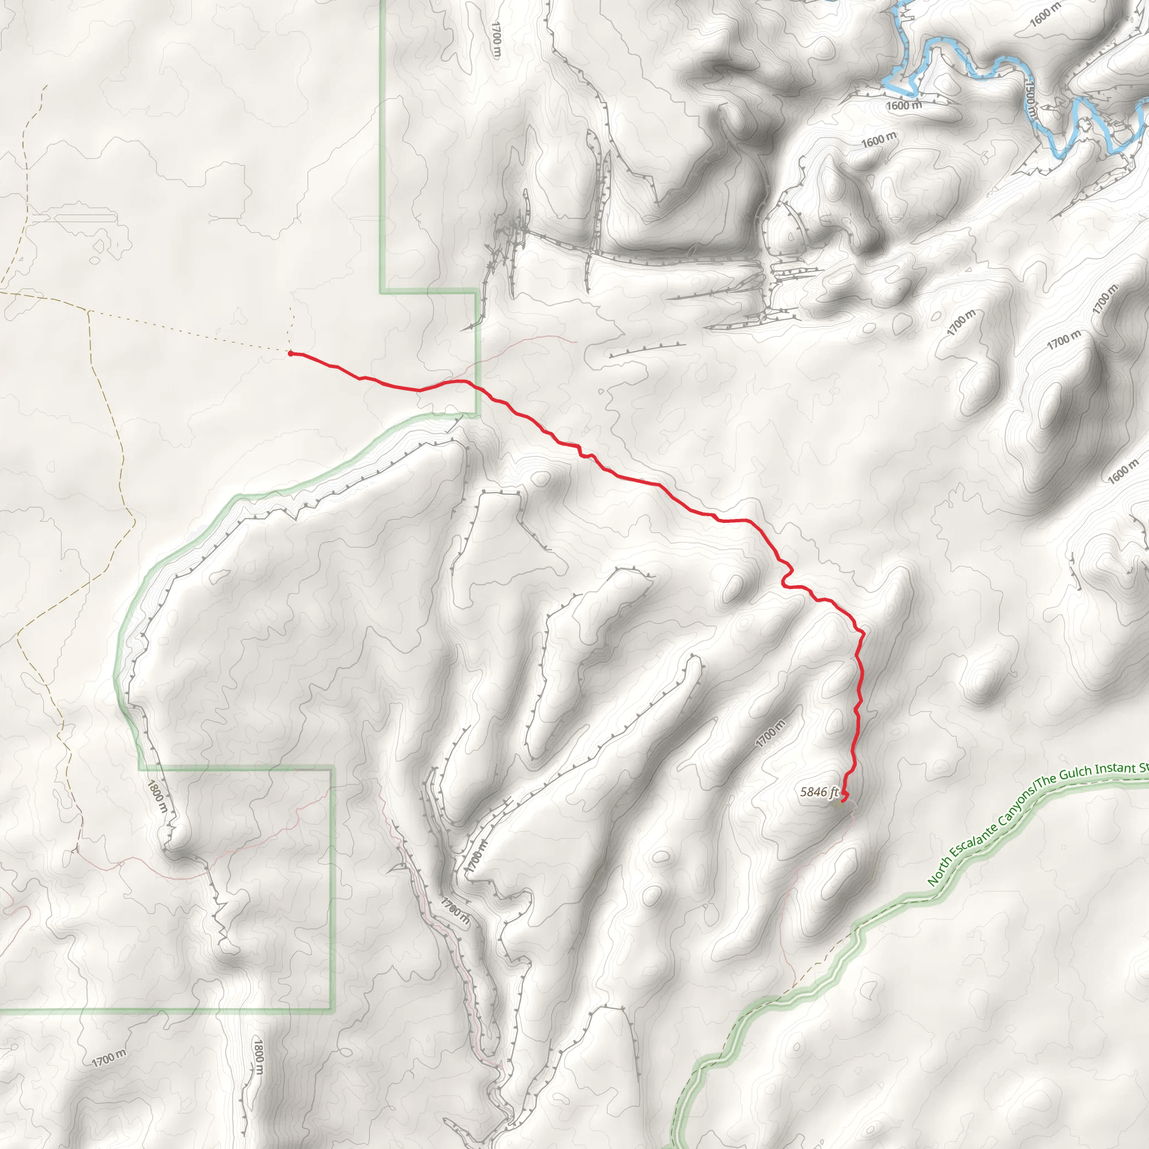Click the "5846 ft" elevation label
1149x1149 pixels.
pyautogui.click(x=819, y=792)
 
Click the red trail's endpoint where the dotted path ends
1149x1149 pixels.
pyautogui.click(x=290, y=353)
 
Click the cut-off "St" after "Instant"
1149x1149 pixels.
pyautogui.click(x=1143, y=767)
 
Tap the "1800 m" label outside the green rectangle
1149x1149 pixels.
pyautogui.click(x=258, y=1056)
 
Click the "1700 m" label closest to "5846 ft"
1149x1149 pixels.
pyautogui.click(x=771, y=733)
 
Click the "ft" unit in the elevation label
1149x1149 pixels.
pyautogui.click(x=834, y=792)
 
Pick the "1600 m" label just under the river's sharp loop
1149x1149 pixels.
pyautogui.click(x=903, y=106)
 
